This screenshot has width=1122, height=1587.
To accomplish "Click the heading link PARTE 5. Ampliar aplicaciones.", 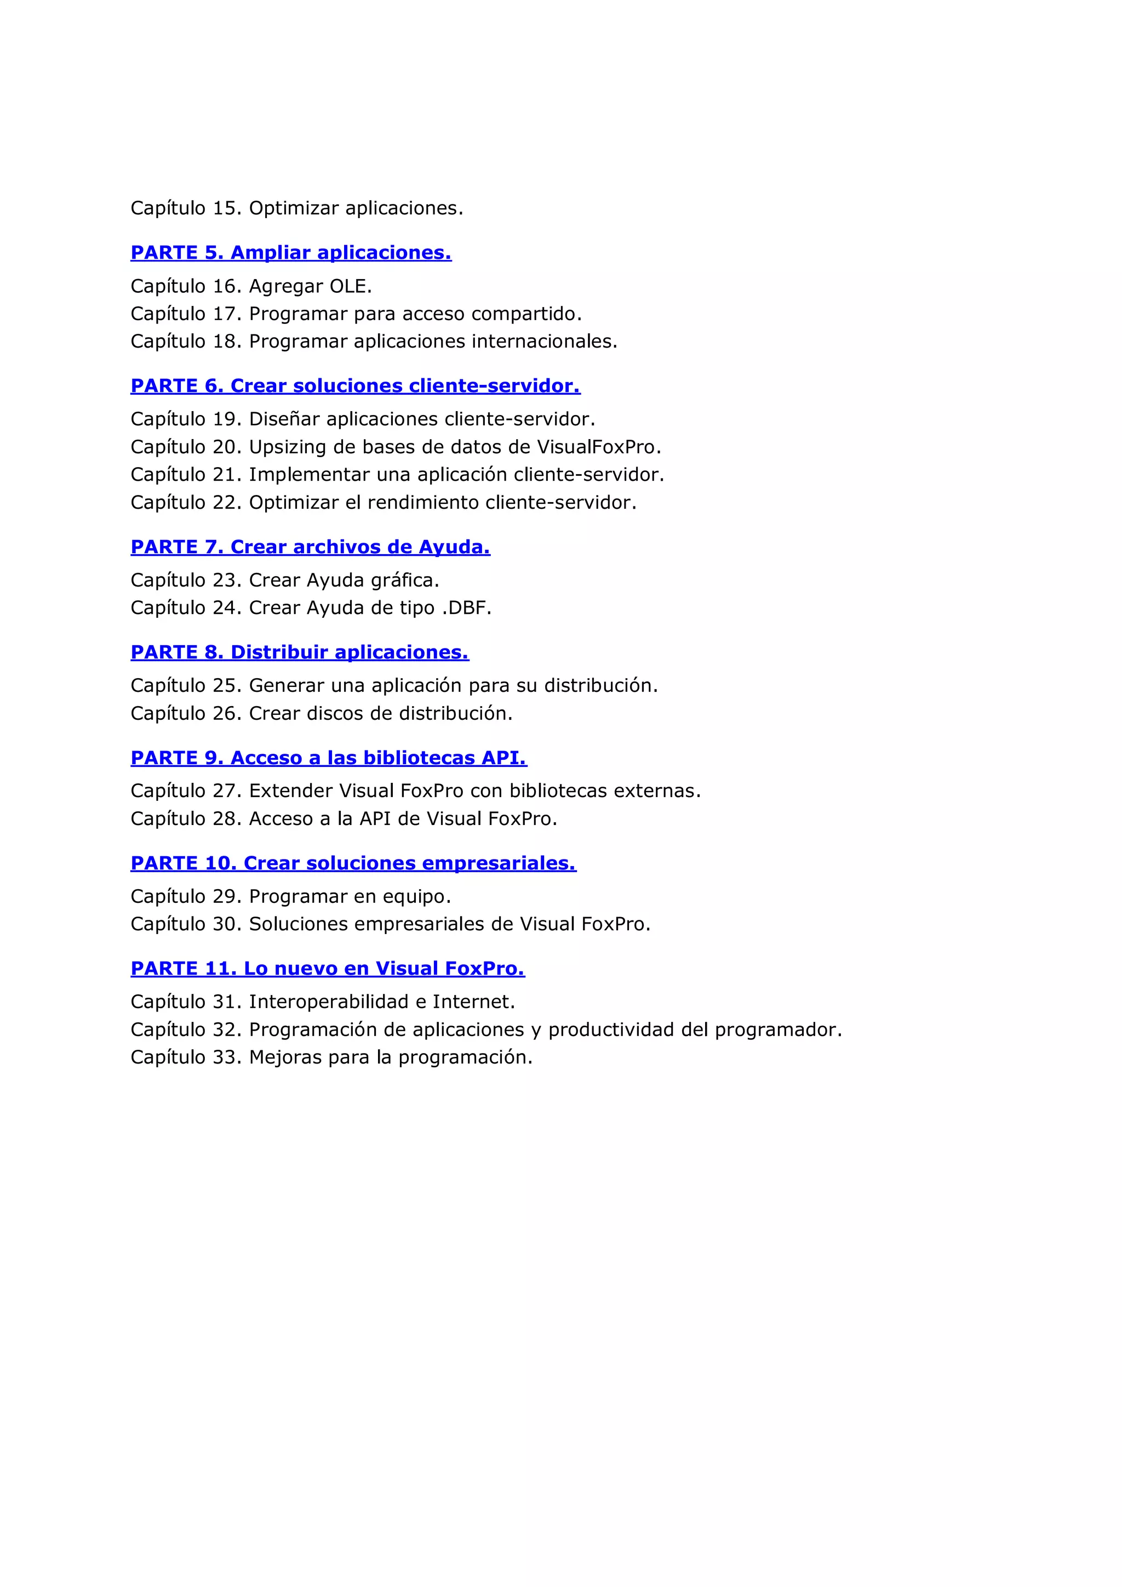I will click(291, 253).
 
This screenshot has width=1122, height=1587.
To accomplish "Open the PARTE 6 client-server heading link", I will click(355, 386).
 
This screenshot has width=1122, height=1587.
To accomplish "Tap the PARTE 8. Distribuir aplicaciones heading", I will click(300, 652).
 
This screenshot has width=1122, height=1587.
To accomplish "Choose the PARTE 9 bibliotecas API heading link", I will click(329, 758).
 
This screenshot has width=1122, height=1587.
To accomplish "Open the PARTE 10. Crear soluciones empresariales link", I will click(353, 863).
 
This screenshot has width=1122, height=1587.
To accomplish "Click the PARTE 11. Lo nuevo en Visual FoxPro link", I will click(328, 969).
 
